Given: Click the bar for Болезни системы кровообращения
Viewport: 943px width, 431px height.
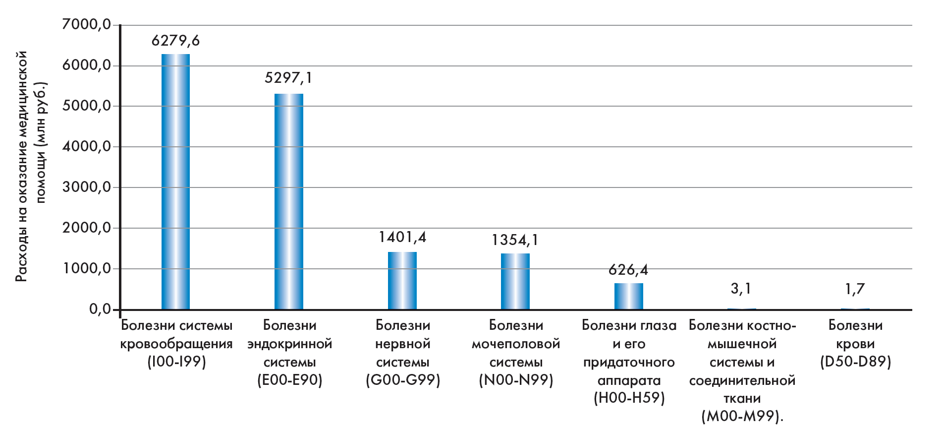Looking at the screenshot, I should tap(175, 182).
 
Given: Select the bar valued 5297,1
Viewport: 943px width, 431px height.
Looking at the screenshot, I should tap(289, 201).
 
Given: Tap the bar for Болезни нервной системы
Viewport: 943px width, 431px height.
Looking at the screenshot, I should tap(402, 281).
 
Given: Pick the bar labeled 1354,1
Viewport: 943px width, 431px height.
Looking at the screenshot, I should tap(515, 281).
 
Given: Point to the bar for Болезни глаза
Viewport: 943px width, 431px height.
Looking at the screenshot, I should tap(628, 296).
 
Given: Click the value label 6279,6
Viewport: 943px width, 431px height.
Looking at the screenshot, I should tap(175, 41).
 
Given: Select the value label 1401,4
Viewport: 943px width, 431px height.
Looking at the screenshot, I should tap(402, 237).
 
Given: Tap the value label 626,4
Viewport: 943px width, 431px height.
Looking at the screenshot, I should tap(628, 270).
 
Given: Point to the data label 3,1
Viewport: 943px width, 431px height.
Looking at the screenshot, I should tap(741, 289).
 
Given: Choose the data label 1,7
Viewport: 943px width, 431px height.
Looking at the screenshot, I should tap(855, 289).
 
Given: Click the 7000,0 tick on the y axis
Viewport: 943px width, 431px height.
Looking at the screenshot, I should tap(87, 24).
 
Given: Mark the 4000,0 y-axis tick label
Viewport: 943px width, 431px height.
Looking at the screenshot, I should tap(87, 146).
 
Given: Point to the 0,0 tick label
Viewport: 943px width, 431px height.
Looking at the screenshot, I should tap(100, 309).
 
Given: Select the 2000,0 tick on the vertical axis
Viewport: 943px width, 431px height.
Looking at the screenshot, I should tap(87, 228).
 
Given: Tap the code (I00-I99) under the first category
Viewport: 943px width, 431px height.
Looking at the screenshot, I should tap(176, 362).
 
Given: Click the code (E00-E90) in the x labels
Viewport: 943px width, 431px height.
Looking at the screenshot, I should tap(289, 380).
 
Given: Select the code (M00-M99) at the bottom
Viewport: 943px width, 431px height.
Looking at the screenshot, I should tap(742, 416).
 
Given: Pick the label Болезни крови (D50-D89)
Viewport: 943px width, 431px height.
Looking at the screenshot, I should tap(855, 343).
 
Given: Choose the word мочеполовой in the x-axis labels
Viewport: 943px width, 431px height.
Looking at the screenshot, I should tap(516, 344).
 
